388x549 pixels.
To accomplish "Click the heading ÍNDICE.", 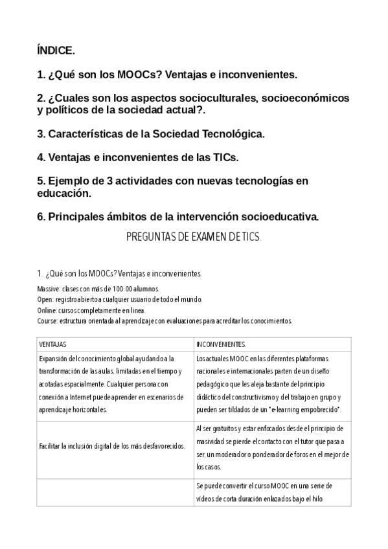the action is (56, 50).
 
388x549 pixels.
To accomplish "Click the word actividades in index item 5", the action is (142, 181).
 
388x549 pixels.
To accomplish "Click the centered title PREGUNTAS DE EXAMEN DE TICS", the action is (193, 238).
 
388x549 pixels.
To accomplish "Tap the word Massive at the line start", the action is (49, 289).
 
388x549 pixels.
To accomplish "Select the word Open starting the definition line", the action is (46, 299).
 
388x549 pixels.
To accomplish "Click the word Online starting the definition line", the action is (48, 310).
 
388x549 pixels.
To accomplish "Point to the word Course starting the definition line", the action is (48, 320).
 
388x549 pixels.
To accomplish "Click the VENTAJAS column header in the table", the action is (53, 344).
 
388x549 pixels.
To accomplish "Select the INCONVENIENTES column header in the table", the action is (221, 344).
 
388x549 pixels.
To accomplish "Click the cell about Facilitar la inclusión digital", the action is (112, 445).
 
